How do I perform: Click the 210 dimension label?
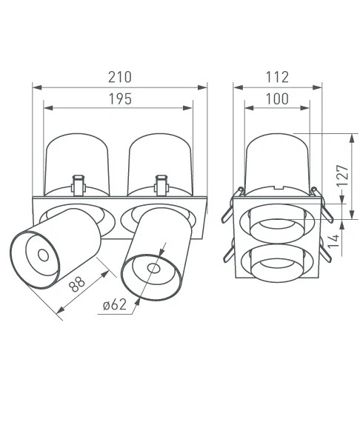click(120, 77)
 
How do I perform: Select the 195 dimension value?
click(120, 98)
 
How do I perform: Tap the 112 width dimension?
click(277, 77)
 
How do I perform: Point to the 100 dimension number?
click(277, 98)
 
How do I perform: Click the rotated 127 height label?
click(343, 175)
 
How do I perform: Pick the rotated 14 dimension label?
click(333, 241)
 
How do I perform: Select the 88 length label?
click(77, 283)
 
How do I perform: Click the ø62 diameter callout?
click(115, 305)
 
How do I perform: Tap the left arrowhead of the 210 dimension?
click(37, 87)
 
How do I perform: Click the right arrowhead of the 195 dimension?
click(187, 108)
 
